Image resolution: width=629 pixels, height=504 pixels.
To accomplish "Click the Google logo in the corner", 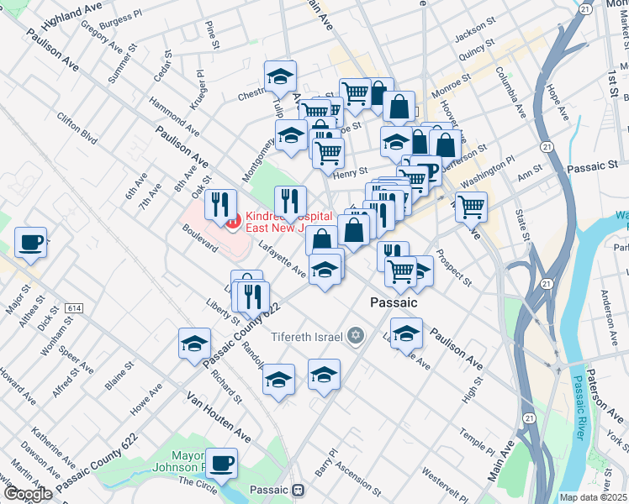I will coord(28,494).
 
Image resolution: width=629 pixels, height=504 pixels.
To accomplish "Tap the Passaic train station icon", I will coord(299,490).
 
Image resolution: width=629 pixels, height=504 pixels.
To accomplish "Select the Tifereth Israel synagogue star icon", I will coord(356,336).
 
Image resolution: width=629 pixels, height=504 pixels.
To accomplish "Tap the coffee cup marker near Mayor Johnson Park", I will coord(222,462).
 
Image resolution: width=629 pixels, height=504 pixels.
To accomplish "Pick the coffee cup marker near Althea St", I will coord(31,242).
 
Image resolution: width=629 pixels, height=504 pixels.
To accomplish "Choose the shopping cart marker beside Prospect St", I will coord(472,206).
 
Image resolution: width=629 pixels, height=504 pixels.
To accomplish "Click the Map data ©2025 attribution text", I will coord(594,497).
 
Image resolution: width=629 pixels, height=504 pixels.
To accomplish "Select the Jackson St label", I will coord(470,35).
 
